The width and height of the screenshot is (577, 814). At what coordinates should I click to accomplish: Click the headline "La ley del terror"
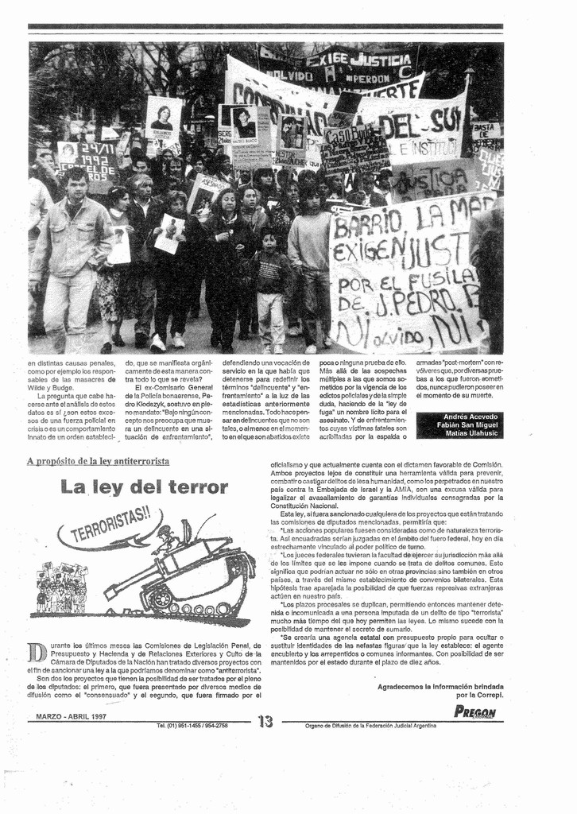[x=144, y=487]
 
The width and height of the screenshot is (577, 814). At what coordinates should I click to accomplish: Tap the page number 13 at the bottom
[x=265, y=722]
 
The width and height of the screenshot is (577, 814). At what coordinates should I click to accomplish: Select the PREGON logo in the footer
[x=474, y=712]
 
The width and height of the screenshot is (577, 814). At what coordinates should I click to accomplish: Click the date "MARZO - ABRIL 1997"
[x=72, y=716]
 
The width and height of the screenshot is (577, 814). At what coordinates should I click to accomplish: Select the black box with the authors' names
[x=459, y=425]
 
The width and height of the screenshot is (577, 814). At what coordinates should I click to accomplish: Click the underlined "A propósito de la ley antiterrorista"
[x=98, y=461]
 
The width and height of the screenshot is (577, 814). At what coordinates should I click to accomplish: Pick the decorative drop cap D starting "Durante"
[x=37, y=653]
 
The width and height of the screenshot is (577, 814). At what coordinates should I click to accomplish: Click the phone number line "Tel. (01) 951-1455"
[x=192, y=725]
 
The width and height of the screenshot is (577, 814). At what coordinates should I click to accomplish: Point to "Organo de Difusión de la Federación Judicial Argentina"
[x=370, y=725]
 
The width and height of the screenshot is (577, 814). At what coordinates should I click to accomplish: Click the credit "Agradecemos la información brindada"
[x=440, y=685]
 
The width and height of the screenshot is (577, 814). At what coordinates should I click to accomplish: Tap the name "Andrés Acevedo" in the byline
[x=471, y=417]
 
